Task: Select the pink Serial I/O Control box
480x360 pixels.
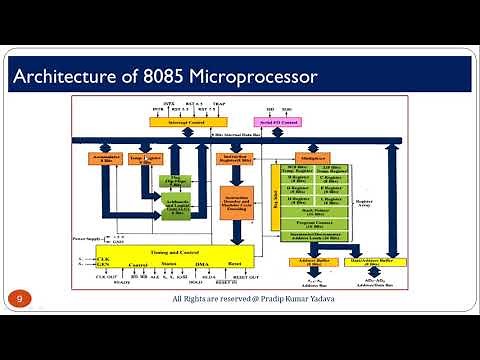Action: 276,122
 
